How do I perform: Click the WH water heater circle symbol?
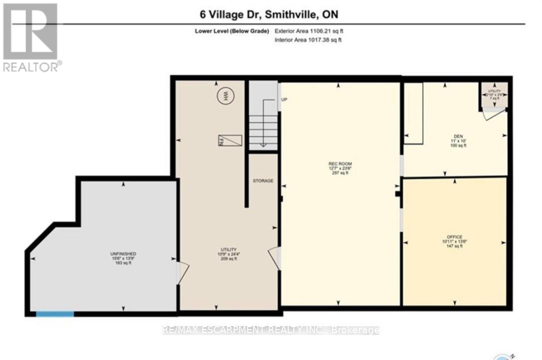tap(225, 94)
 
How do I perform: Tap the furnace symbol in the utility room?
tap(230, 141)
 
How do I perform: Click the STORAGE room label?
tap(263, 181)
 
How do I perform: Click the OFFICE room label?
tap(454, 237)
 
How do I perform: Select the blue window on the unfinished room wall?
tap(55, 314)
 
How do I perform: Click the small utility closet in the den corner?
tap(494, 94)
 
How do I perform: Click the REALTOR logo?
tap(31, 37)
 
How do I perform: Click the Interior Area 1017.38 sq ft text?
tap(308, 40)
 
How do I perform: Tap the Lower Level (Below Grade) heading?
tap(232, 31)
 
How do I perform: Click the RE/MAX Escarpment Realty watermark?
tap(271, 330)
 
